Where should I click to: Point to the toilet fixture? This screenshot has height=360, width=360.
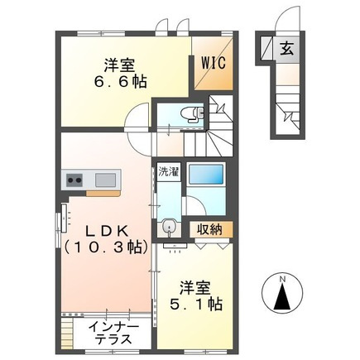pyautogui.click(x=190, y=113)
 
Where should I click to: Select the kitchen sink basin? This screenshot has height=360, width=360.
pyautogui.click(x=107, y=180)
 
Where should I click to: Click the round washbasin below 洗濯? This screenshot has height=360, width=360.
pyautogui.click(x=169, y=226)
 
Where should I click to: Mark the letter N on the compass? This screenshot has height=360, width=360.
pyautogui.click(x=283, y=277)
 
